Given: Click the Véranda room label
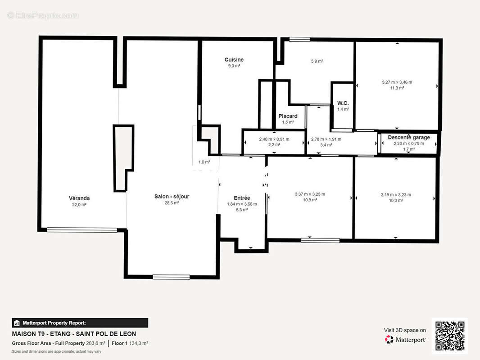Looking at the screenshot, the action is coord(79,198).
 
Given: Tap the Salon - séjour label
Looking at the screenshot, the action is coord(172,196).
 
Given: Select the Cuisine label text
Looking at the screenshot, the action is coord(234,60).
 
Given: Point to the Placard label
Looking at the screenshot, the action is coord(288,116).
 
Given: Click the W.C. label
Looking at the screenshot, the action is coord(343,103).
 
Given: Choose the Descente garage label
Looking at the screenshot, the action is coord(409,137).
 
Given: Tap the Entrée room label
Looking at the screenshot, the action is coord(242,198).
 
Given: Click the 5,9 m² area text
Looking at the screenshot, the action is coord(317,61).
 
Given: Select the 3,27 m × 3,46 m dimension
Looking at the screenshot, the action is coord(397,82).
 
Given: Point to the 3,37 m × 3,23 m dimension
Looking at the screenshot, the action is coord(310,194).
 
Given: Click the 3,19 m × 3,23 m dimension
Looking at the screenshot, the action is coord(396,195).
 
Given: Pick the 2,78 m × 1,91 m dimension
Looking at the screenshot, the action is coord(326,139).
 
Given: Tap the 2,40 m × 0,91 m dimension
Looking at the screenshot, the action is coord(274,139).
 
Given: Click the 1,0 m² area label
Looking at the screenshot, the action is coord(204,162).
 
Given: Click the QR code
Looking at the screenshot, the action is coord(450,336).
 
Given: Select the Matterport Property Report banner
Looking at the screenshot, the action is coord(80,323).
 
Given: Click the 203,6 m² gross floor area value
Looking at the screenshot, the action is coord(96,343).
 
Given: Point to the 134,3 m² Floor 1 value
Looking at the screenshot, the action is coord(139,343).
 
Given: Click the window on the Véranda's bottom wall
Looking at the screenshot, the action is coord(82,230).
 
